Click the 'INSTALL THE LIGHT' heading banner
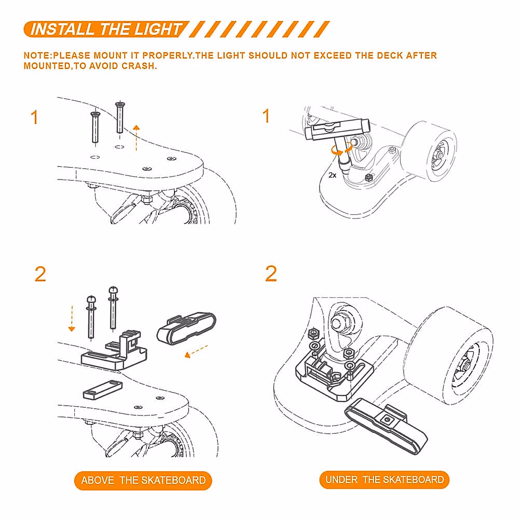tap(106, 29)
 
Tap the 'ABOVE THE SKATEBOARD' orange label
tap(143, 480)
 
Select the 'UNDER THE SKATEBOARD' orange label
tap(384, 479)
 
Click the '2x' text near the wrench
tap(332, 175)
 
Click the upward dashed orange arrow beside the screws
tap(136, 138)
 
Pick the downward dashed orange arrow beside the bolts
tap(72, 318)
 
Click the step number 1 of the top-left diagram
tap(35, 117)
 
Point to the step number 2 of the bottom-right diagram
tap(271, 273)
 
